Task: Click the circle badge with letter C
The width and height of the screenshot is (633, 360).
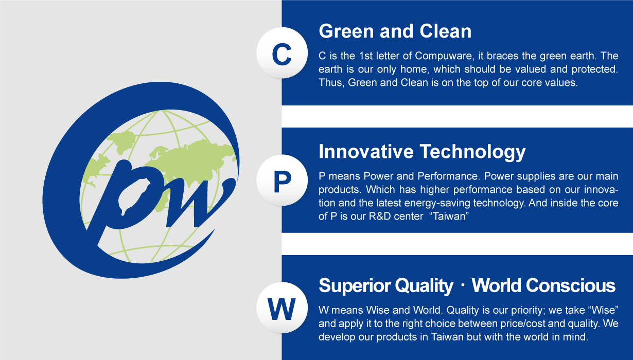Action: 282,53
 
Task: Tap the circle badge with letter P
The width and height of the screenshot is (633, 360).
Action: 282,181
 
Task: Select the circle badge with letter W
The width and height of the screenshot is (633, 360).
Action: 282,309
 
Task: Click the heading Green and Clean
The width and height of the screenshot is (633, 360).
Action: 395,31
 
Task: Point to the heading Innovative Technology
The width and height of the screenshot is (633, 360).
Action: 422,152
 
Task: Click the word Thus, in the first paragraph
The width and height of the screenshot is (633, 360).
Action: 331,83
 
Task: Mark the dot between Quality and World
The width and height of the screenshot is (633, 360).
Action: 462,286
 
